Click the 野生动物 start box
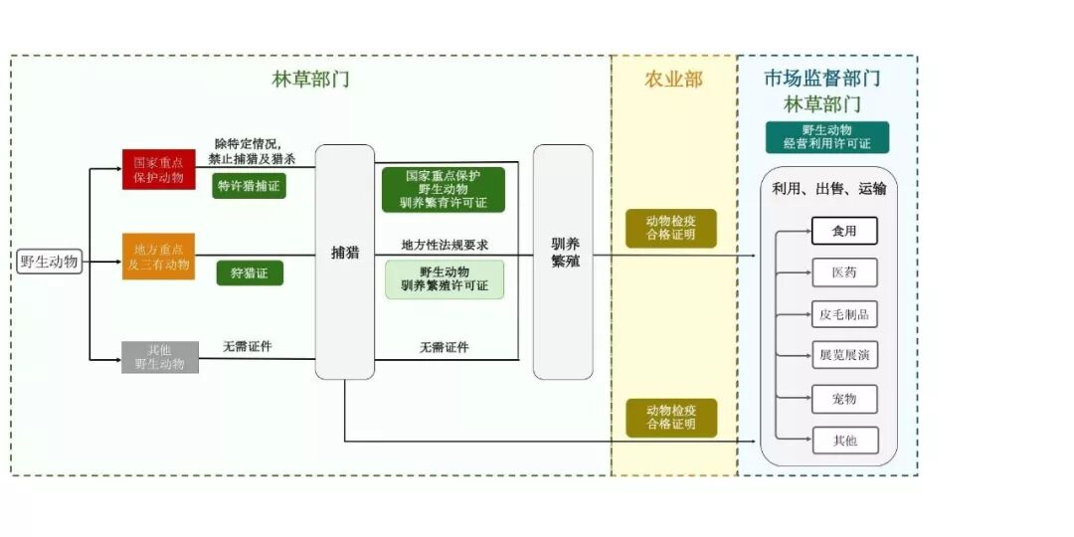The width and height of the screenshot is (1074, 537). pyautogui.click(x=49, y=263)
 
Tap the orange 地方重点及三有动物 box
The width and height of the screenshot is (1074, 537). pyautogui.click(x=159, y=257)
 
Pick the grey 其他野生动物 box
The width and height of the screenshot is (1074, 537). pyautogui.click(x=159, y=356)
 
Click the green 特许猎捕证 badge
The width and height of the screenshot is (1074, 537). pyautogui.click(x=249, y=185)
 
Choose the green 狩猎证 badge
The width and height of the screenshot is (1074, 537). pyautogui.click(x=250, y=272)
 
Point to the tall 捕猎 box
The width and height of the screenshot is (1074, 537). pyautogui.click(x=345, y=262)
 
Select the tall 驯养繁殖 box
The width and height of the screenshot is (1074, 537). pyautogui.click(x=563, y=262)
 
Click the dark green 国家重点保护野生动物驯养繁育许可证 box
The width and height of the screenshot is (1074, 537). pyautogui.click(x=444, y=189)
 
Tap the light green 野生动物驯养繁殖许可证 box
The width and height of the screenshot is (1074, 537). pyautogui.click(x=445, y=279)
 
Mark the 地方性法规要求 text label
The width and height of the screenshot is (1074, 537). pyautogui.click(x=445, y=245)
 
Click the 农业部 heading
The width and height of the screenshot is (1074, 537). pyautogui.click(x=673, y=80)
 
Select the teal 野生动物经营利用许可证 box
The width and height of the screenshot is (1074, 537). pyautogui.click(x=827, y=137)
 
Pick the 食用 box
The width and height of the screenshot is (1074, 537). pyautogui.click(x=844, y=232)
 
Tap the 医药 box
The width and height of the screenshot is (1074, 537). pyautogui.click(x=844, y=272)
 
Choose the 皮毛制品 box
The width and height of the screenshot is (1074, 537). pyautogui.click(x=844, y=314)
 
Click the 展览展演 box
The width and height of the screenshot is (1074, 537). pyautogui.click(x=844, y=355)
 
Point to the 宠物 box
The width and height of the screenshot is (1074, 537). pyautogui.click(x=844, y=399)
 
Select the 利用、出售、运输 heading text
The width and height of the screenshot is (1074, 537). pyautogui.click(x=828, y=188)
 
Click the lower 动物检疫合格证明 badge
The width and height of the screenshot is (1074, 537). pyautogui.click(x=671, y=418)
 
